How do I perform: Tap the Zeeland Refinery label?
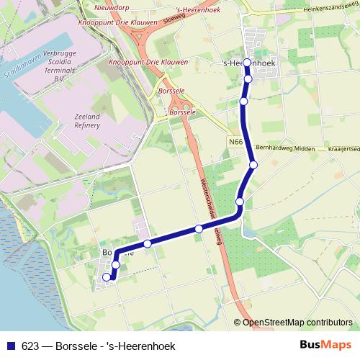(87, 120)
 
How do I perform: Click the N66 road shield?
(235, 143)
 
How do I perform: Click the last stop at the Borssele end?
(107, 277)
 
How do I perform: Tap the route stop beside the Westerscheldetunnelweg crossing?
(199, 229)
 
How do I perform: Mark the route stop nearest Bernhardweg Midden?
(253, 166)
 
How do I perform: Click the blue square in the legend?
(9, 346)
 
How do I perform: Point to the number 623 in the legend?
(28, 346)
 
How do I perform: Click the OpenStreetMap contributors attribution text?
(297, 322)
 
